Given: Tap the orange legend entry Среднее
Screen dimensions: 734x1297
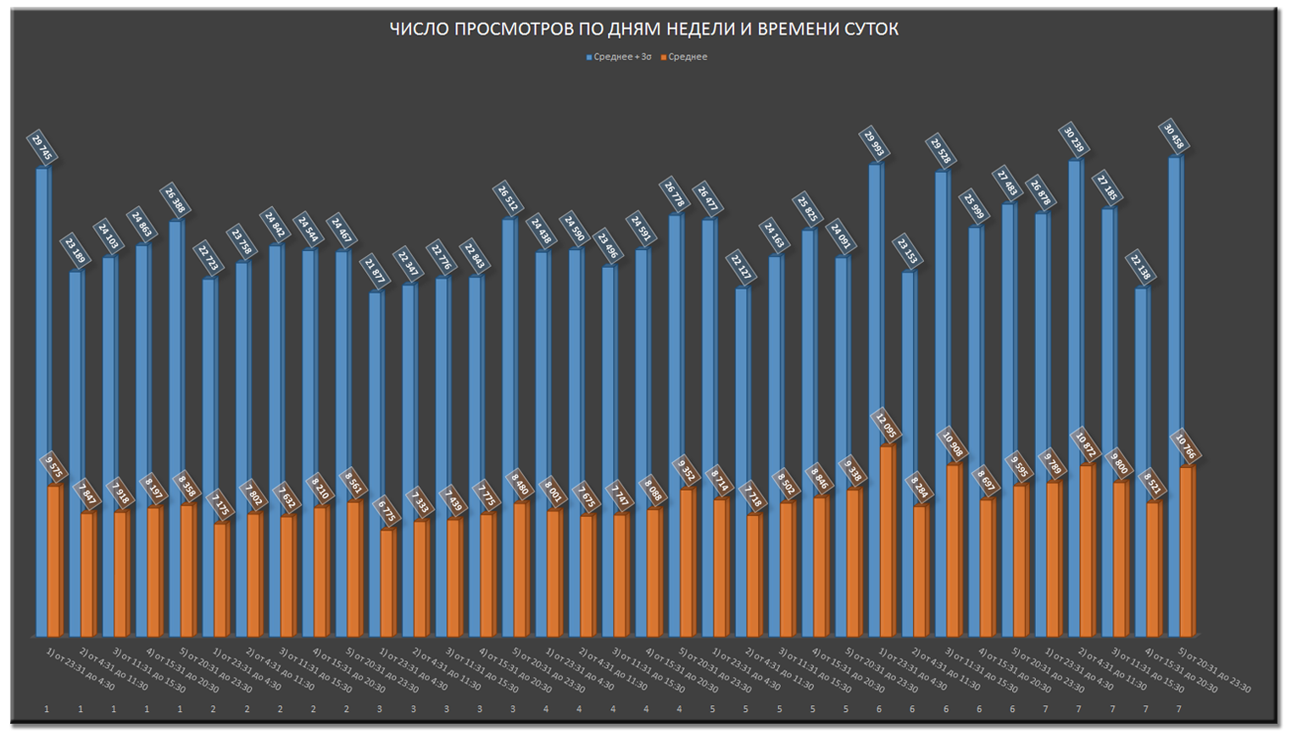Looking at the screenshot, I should pyautogui.click(x=687, y=57).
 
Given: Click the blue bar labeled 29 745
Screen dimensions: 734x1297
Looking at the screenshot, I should pyautogui.click(x=42, y=398).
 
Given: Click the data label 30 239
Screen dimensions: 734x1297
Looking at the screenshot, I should pyautogui.click(x=1073, y=139).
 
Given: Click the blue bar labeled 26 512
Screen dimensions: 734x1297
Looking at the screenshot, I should pyautogui.click(x=509, y=424).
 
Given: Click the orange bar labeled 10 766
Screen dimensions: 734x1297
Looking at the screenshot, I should pyautogui.click(x=1188, y=551).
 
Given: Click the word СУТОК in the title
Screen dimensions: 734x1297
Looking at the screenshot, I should pyautogui.click(x=871, y=30).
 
